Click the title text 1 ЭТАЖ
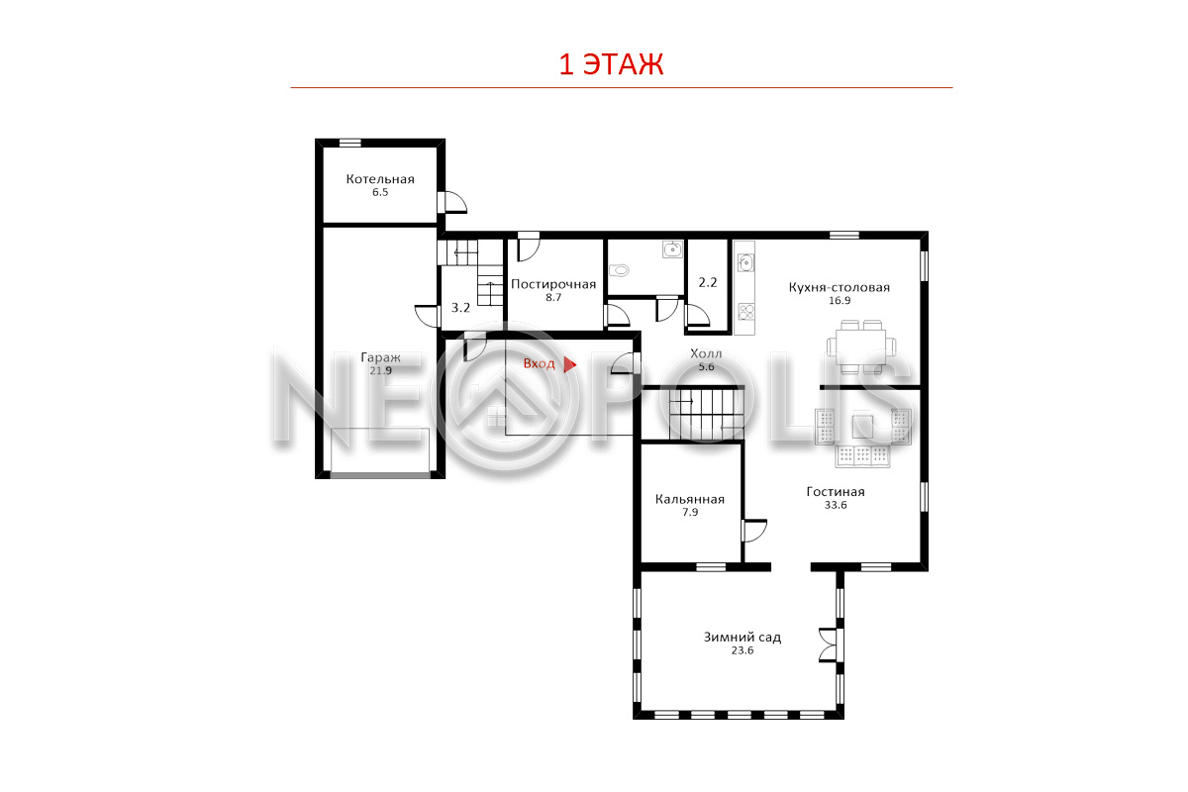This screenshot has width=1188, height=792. coord(611,64)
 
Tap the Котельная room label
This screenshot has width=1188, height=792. coord(380,179)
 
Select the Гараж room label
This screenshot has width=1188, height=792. coord(380,357)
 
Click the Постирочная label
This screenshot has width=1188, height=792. coord(553,284)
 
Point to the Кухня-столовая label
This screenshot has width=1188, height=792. coord(840,287)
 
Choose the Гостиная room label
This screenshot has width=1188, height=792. coord(836,492)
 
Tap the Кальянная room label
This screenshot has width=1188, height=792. coord(689,499)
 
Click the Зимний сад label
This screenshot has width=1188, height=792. coord(742,638)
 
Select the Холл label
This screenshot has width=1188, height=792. coord(706,353)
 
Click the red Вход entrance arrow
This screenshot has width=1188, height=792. coord(569,364)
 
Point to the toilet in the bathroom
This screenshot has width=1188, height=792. coord(619,270)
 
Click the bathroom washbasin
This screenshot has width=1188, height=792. coord(672,249)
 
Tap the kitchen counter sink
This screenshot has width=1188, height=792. coord(745,262)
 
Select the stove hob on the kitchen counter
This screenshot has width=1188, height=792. coord(745,312)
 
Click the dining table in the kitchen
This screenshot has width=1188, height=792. coord(860,346)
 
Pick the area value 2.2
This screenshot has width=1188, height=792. coord(708,283)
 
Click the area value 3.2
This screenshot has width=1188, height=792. coord(460,308)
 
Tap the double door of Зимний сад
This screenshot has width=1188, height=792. coord(830,644)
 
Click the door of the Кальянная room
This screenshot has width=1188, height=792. coord(753,531)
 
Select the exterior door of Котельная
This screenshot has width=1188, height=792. coord(452,202)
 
